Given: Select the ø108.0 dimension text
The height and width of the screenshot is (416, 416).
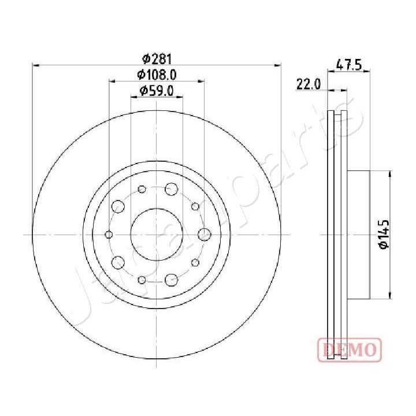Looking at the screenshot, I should pos(156,74).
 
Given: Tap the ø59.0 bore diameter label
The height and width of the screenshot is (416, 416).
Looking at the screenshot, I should pos(157,90).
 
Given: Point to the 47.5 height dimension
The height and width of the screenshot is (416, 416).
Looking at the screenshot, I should pos(349,65).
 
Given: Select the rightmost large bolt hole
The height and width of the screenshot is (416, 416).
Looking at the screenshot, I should pos(204,234).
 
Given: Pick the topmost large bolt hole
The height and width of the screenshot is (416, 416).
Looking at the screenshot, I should pos(170,188).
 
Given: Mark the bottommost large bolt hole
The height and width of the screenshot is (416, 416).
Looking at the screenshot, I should pos(170,280).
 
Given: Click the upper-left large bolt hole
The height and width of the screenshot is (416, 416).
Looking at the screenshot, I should pos(117,206).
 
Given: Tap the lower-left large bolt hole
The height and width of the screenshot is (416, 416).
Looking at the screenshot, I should pos(117,262).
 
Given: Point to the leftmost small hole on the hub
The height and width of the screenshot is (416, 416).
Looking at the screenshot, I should pos(109,234).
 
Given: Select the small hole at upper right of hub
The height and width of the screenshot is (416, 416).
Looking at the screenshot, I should pos(195,206).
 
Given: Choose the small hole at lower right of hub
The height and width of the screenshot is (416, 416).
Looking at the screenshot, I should pos(195,262).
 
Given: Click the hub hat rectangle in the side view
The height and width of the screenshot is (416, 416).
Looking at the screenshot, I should pos(358,234).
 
